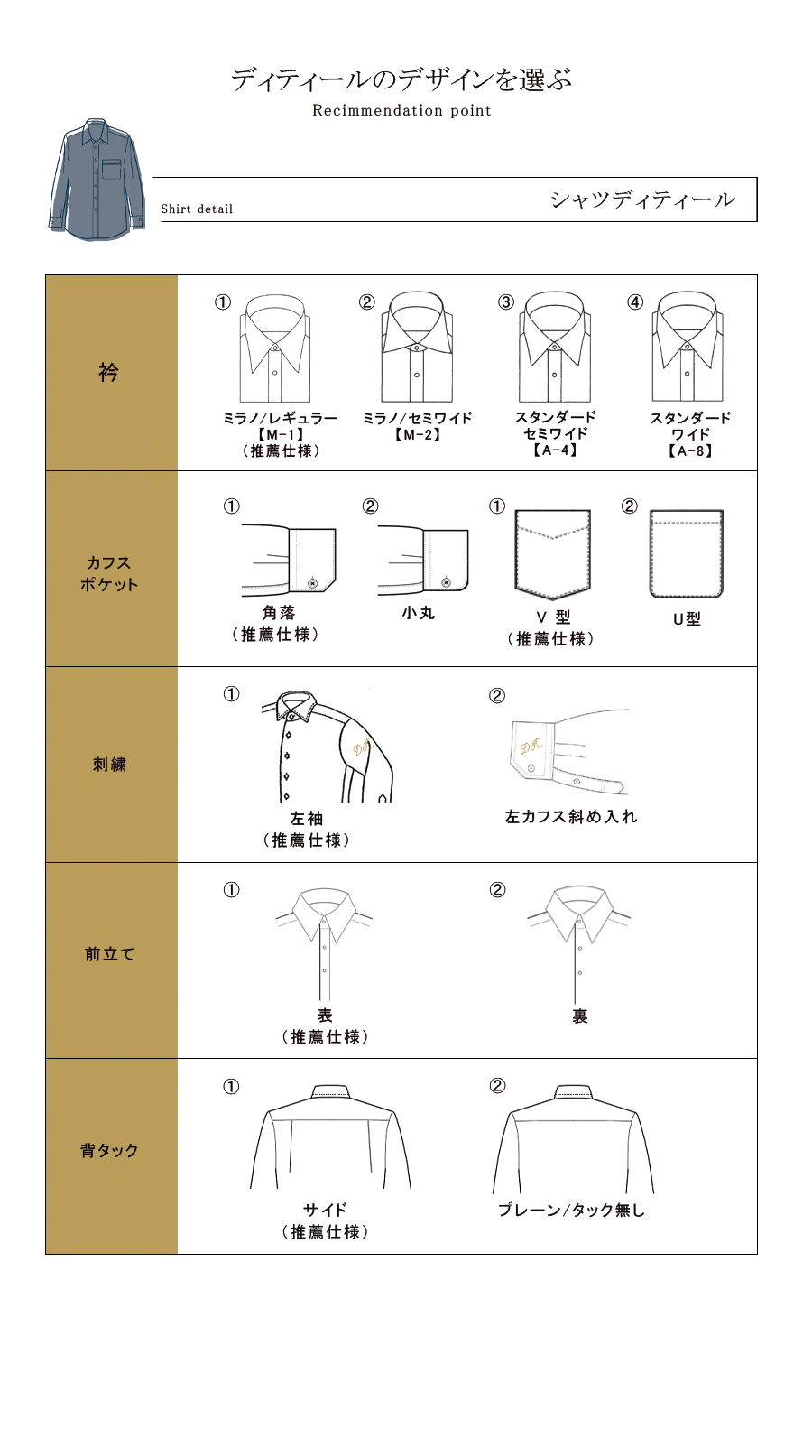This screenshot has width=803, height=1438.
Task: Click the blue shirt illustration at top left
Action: pyautogui.click(x=96, y=181)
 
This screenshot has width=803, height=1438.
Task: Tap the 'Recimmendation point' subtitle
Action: pyautogui.click(x=401, y=111)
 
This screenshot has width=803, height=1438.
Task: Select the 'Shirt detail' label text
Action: pyautogui.click(x=197, y=209)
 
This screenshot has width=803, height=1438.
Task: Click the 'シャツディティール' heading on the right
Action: pyautogui.click(x=642, y=199)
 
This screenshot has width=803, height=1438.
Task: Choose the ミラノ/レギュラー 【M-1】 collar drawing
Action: pyautogui.click(x=275, y=348)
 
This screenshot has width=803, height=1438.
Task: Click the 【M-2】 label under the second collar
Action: pyautogui.click(x=417, y=435)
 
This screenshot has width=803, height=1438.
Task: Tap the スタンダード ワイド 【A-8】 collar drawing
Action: pyautogui.click(x=688, y=348)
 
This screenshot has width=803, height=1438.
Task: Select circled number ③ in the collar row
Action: pyautogui.click(x=506, y=302)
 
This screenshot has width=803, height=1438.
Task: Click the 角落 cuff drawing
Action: pyautogui.click(x=289, y=561)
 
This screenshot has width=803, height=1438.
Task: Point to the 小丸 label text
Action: pyautogui.click(x=419, y=613)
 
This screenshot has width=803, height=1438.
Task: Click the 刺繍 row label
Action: pyautogui.click(x=110, y=765)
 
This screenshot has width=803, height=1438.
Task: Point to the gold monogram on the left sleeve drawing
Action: pyautogui.click(x=361, y=747)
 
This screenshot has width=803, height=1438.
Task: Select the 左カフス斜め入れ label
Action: pyautogui.click(x=570, y=817)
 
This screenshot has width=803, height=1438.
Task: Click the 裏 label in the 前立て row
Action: pyautogui.click(x=579, y=1016)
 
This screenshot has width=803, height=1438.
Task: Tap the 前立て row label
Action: pyautogui.click(x=110, y=954)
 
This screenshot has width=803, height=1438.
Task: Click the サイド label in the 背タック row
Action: pyautogui.click(x=325, y=1210)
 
